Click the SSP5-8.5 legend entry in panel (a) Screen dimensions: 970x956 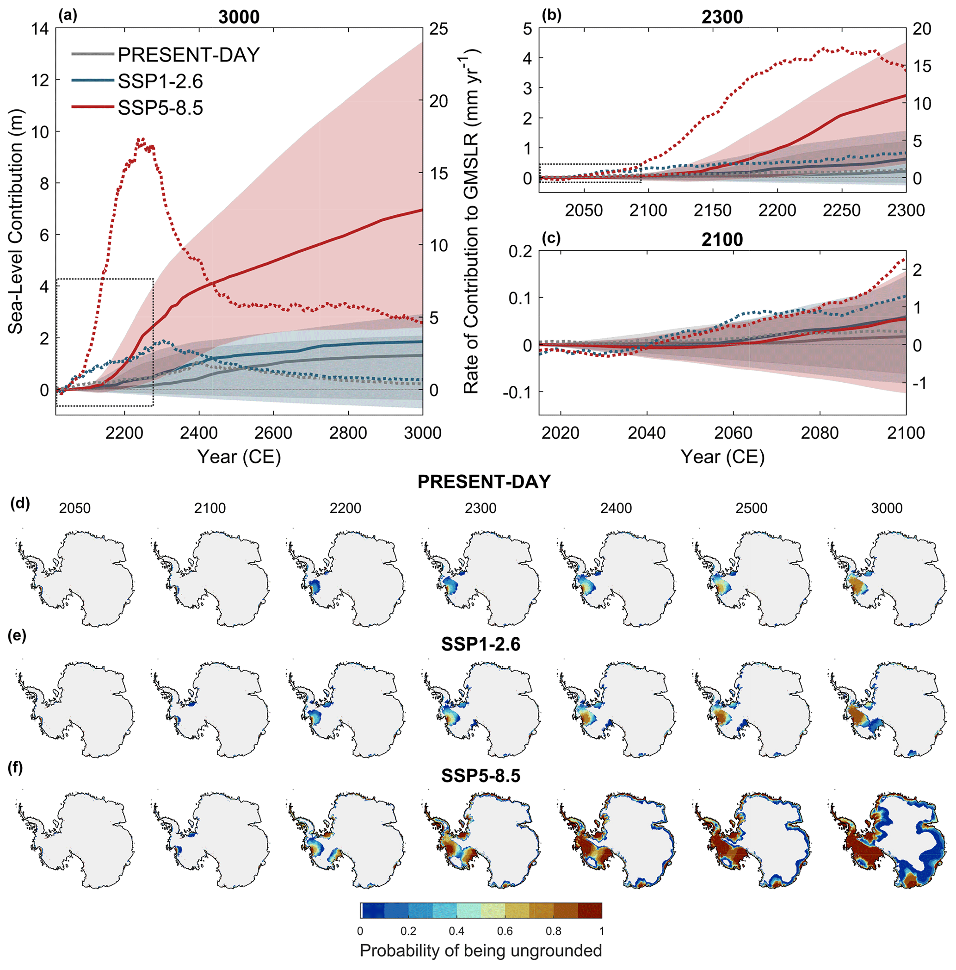click(160, 108)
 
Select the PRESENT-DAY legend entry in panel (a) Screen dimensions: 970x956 click(188, 55)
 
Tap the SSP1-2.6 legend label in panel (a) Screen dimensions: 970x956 click(160, 81)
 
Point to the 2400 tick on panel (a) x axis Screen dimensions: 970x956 click(199, 433)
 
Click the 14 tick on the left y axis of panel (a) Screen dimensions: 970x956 click(40, 29)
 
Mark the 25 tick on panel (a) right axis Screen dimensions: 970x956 click(438, 29)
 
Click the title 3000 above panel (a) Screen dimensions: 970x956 click(239, 17)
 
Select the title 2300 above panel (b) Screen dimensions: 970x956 click(722, 17)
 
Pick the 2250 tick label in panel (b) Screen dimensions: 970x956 click(842, 211)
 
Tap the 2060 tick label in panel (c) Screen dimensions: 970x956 click(733, 433)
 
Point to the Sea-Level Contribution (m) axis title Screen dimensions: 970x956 click(16, 221)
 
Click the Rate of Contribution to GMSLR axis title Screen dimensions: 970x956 click(471, 221)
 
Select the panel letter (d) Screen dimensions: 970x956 click(20, 504)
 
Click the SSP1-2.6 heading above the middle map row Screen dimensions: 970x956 click(480, 644)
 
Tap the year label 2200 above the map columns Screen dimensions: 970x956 click(345, 509)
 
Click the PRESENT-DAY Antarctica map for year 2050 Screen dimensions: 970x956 click(75, 578)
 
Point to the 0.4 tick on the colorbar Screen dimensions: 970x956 click(456, 931)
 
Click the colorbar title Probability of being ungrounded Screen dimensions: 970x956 click(480, 951)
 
